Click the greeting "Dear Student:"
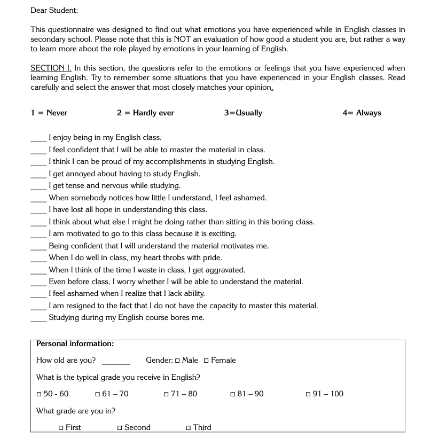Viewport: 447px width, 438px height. click(54, 10)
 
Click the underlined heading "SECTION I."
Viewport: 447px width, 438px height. click(51, 68)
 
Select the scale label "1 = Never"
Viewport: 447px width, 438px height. click(49, 113)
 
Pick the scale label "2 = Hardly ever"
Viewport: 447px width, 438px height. click(145, 113)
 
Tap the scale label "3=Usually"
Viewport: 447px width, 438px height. click(243, 113)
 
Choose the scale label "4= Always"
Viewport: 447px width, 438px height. click(362, 113)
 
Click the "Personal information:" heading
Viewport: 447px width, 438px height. click(75, 343)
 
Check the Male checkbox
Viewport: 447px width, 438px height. click(177, 361)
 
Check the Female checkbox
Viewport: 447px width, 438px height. click(206, 361)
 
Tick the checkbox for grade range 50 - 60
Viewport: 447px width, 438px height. click(39, 394)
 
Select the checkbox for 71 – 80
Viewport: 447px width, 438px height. click(167, 394)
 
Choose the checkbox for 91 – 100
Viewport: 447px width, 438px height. click(308, 394)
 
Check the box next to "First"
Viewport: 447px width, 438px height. click(61, 428)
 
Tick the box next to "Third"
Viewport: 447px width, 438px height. click(189, 428)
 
